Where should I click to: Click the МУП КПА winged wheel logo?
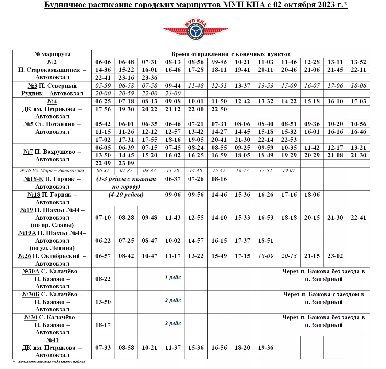195,29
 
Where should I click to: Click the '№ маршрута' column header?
52,54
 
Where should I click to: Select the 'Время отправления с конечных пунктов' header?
230,54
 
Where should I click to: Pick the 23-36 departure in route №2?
149,78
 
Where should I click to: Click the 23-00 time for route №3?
173,94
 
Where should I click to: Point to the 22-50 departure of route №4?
219,109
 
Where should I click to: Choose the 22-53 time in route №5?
289,140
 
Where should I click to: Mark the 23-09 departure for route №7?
126,163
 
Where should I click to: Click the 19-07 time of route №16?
289,171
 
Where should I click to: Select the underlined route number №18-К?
33,179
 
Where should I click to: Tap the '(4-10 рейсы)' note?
126,195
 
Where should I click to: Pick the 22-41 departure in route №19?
358,217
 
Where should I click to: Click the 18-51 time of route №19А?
266,240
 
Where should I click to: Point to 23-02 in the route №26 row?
335,256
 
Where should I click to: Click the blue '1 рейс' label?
173,278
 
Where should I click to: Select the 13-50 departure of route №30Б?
103,302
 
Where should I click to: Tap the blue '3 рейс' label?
173,323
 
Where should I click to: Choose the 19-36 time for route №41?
266,348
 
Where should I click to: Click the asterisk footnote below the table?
49,362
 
